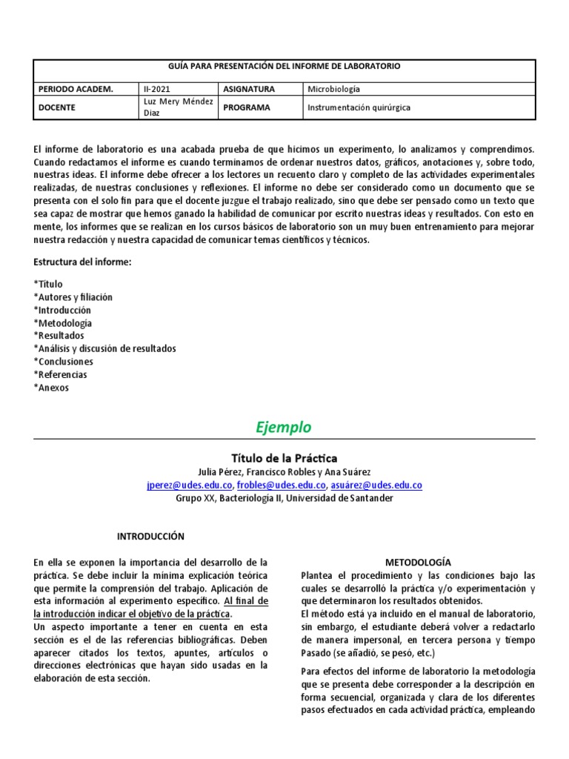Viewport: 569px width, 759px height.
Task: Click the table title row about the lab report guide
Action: point(284,66)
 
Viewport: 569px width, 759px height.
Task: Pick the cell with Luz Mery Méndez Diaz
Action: point(177,107)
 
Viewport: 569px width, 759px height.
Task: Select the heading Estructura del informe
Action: point(82,262)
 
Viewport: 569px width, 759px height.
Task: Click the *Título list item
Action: point(49,284)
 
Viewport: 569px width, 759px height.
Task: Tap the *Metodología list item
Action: point(63,323)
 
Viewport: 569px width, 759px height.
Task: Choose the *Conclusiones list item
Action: point(64,362)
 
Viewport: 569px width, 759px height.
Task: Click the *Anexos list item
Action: point(51,388)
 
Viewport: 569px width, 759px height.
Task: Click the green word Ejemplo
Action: point(284,428)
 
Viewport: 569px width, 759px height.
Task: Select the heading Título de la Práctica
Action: point(284,458)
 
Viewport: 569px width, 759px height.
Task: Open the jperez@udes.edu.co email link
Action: point(190,485)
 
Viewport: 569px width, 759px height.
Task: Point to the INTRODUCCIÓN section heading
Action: point(151,536)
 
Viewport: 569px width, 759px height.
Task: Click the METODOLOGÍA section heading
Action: point(418,563)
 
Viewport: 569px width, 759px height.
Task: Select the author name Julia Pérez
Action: point(219,472)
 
